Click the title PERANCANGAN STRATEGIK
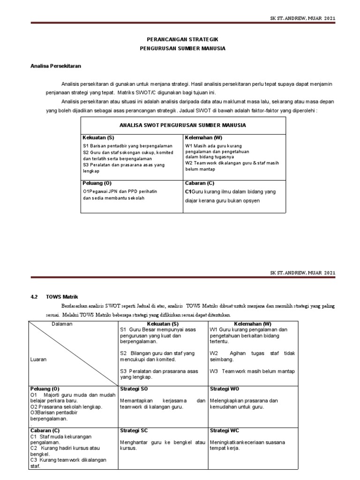(183, 40)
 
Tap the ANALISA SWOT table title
(183, 125)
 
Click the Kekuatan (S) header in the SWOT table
(98, 138)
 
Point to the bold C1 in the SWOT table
(188, 192)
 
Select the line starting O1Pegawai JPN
(120, 192)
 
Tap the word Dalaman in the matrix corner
(62, 324)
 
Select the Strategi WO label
(225, 389)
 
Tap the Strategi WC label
(225, 430)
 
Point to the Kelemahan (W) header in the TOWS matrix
(253, 324)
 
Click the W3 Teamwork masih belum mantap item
(252, 371)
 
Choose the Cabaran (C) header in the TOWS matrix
(45, 430)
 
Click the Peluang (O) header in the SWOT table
(97, 183)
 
